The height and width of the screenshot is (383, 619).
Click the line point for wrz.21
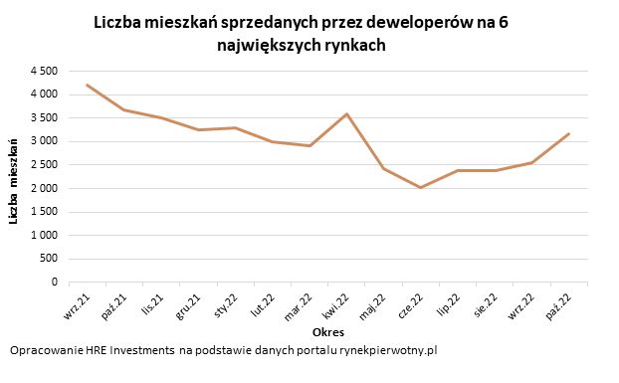click(88, 85)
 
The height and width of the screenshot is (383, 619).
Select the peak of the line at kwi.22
click(345, 113)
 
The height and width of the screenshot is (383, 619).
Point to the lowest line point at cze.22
click(420, 187)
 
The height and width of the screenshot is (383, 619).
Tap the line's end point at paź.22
click(568, 133)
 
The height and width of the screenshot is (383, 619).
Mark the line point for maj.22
click(383, 168)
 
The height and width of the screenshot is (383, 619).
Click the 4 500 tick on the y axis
click(43, 71)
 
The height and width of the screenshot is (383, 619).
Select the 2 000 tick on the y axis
click(43, 188)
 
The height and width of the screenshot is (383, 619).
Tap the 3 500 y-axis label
click(43, 117)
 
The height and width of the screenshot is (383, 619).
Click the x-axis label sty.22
click(228, 302)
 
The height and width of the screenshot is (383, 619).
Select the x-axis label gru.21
click(191, 302)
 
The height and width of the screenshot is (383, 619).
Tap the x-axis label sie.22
click(487, 302)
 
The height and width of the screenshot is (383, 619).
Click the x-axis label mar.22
click(301, 303)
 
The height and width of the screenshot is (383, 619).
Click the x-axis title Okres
click(328, 331)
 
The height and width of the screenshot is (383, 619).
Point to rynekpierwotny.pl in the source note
click(388, 351)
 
